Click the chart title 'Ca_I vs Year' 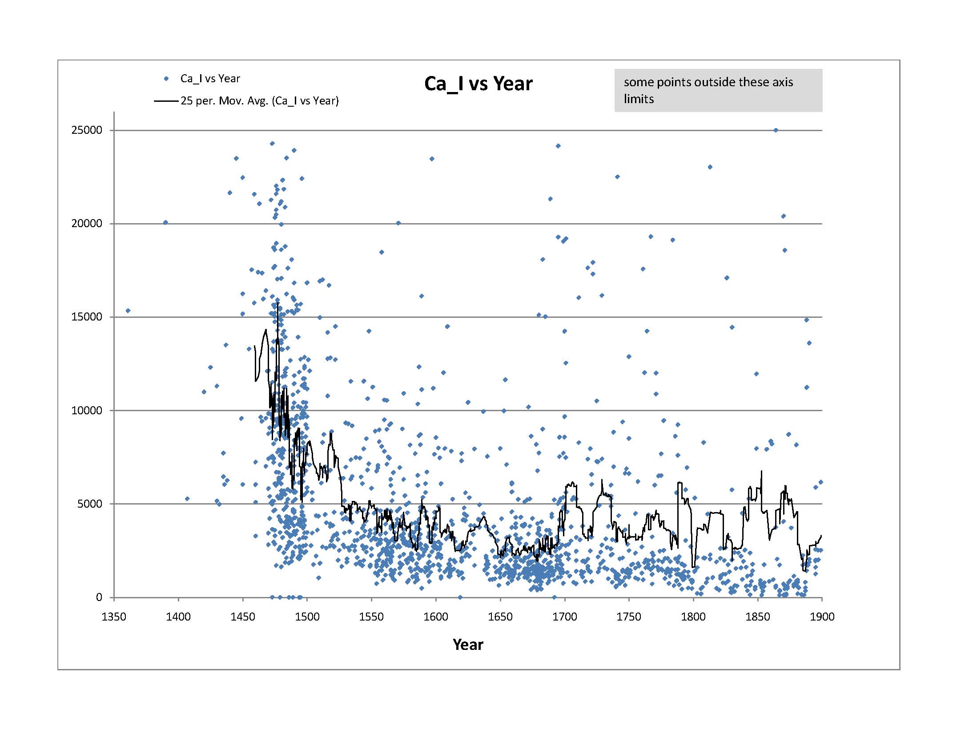pos(478,84)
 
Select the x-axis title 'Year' pos(468,645)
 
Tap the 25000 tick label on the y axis pos(87,130)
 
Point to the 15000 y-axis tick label pos(87,317)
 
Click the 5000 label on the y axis pos(90,504)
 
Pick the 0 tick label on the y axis pos(99,597)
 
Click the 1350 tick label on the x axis pos(114,617)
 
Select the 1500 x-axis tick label pos(307,617)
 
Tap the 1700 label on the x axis pos(565,617)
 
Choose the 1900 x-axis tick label pos(822,617)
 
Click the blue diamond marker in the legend pos(166,79)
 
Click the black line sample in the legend pos(166,101)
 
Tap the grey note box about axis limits pos(718,90)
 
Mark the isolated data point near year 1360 pos(128,311)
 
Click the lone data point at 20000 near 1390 pos(165,222)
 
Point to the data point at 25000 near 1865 pos(776,130)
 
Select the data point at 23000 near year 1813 pos(710,167)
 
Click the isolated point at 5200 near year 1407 pos(187,499)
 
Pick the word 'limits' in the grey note pos(639,99)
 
